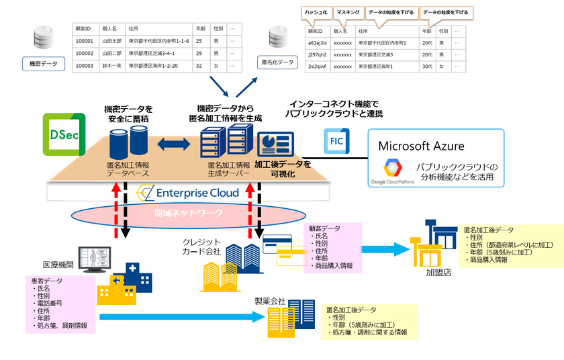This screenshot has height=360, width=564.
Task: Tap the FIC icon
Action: pyautogui.click(x=336, y=141)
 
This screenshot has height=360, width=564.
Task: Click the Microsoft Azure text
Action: pyautogui.click(x=421, y=146)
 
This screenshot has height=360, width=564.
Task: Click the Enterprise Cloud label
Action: pyautogui.click(x=187, y=193)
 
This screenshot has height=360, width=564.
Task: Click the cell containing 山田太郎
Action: pyautogui.click(x=111, y=42)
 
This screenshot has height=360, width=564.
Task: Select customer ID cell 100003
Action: pyautogui.click(x=85, y=66)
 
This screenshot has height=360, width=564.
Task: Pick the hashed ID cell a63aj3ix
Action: pyautogui.click(x=317, y=43)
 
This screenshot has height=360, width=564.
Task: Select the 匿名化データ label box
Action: pyautogui.click(x=277, y=62)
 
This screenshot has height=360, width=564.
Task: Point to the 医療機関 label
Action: pyautogui.click(x=57, y=265)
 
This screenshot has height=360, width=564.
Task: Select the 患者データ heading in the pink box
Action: pyautogui.click(x=49, y=281)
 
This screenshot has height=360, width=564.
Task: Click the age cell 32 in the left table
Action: pyautogui.click(x=199, y=66)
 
